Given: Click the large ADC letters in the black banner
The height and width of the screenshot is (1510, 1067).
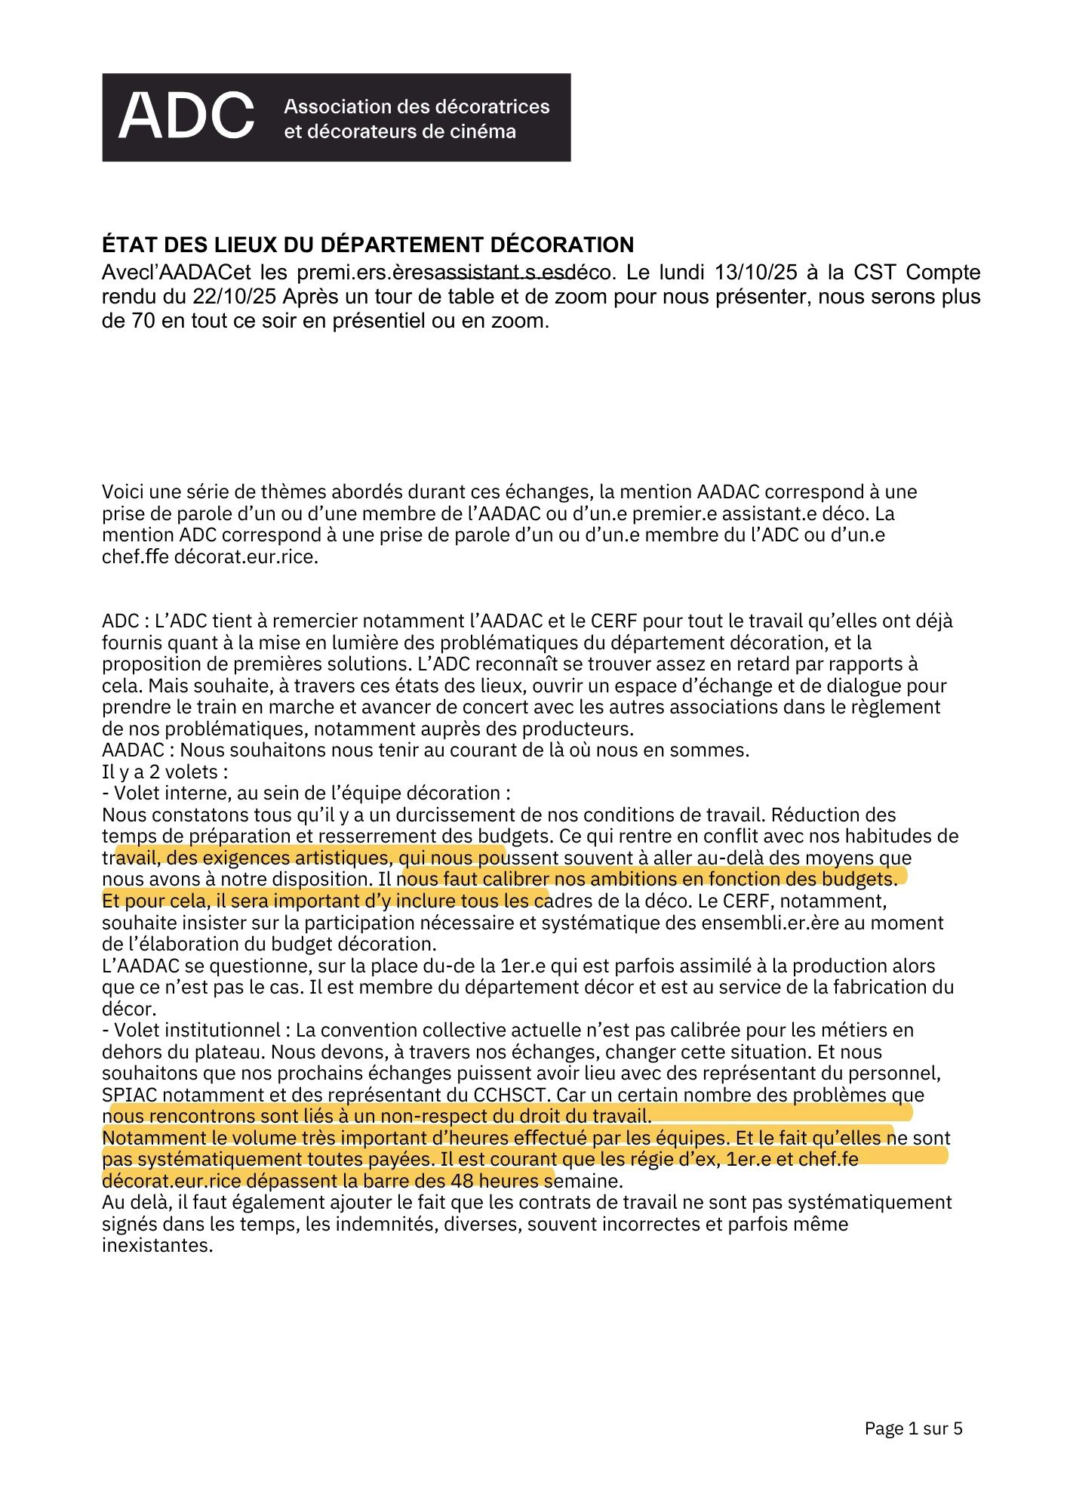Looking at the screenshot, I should pyautogui.click(x=186, y=117).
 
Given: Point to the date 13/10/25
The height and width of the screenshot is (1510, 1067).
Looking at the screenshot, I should pyautogui.click(x=755, y=272).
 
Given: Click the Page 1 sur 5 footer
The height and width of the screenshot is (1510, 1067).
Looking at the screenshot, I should pyautogui.click(x=913, y=1428).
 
